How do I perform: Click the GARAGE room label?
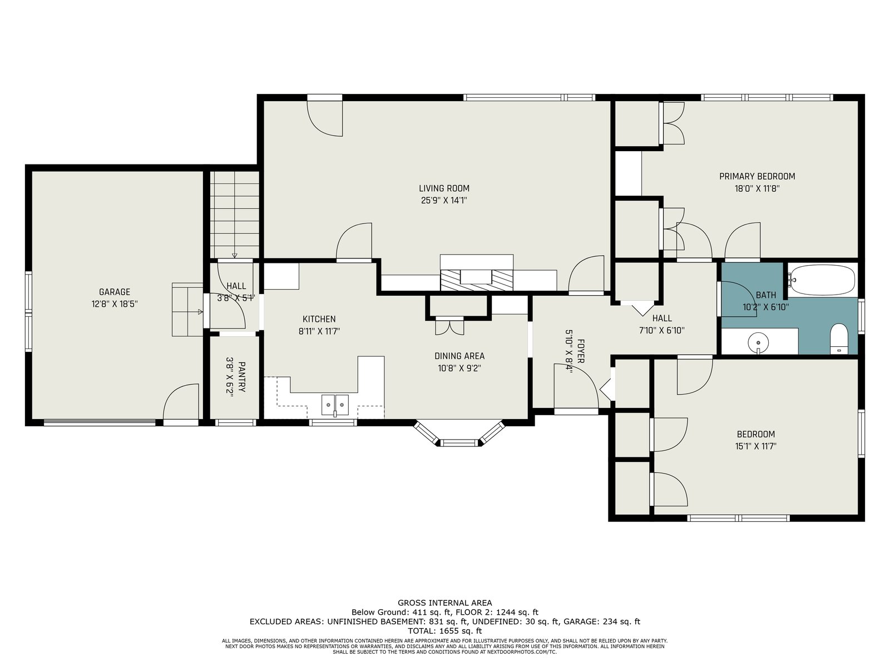pos(115,292)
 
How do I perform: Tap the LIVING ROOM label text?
pos(444,188)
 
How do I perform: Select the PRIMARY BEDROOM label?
pos(757,177)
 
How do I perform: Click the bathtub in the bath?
pos(822,280)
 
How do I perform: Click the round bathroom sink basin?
pos(758,342)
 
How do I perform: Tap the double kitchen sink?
pos(335,405)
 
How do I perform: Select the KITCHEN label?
pos(319,319)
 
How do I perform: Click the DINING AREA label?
pos(459,356)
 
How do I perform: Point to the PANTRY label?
pos(242,377)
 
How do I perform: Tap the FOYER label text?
pos(581,351)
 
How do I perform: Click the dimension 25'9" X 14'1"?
pos(444,201)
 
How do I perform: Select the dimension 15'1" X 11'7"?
pos(756,446)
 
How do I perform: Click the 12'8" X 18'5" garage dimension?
pos(115,304)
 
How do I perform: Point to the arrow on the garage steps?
pos(200,312)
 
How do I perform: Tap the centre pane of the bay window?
pos(460,442)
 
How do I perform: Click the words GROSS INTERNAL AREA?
pos(445,603)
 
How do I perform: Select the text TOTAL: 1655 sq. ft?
pos(445,630)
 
